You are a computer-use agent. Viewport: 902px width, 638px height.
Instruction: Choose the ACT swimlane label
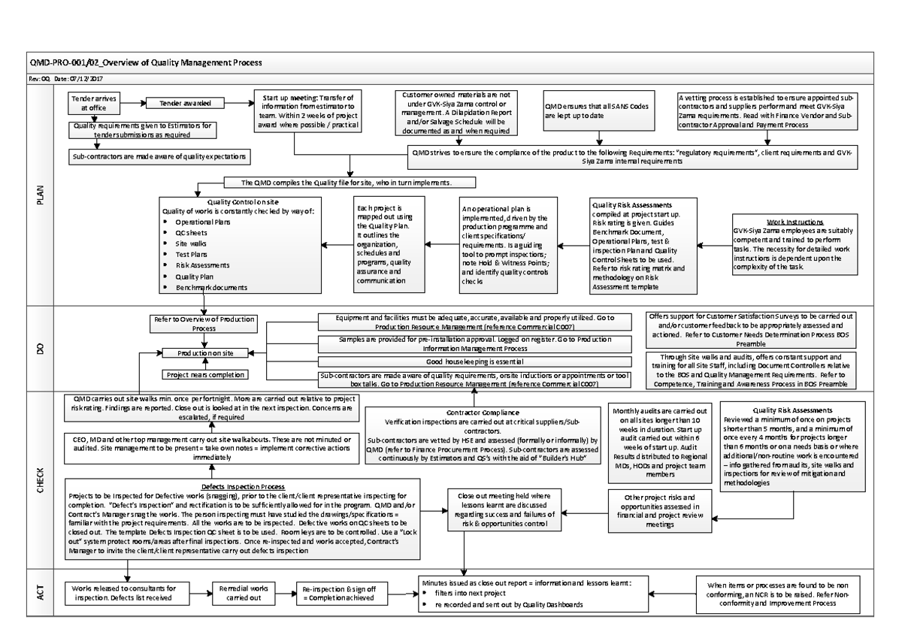click(41, 593)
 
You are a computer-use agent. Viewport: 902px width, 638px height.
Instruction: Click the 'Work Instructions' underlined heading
click(794, 222)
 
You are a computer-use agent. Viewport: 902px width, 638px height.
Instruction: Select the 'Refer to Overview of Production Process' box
click(204, 322)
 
